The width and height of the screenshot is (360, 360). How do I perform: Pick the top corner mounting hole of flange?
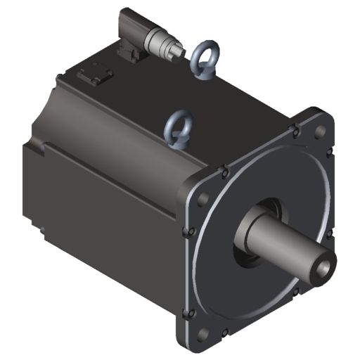click(x=319, y=131)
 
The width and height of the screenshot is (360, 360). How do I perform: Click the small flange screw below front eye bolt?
click(x=224, y=169)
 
